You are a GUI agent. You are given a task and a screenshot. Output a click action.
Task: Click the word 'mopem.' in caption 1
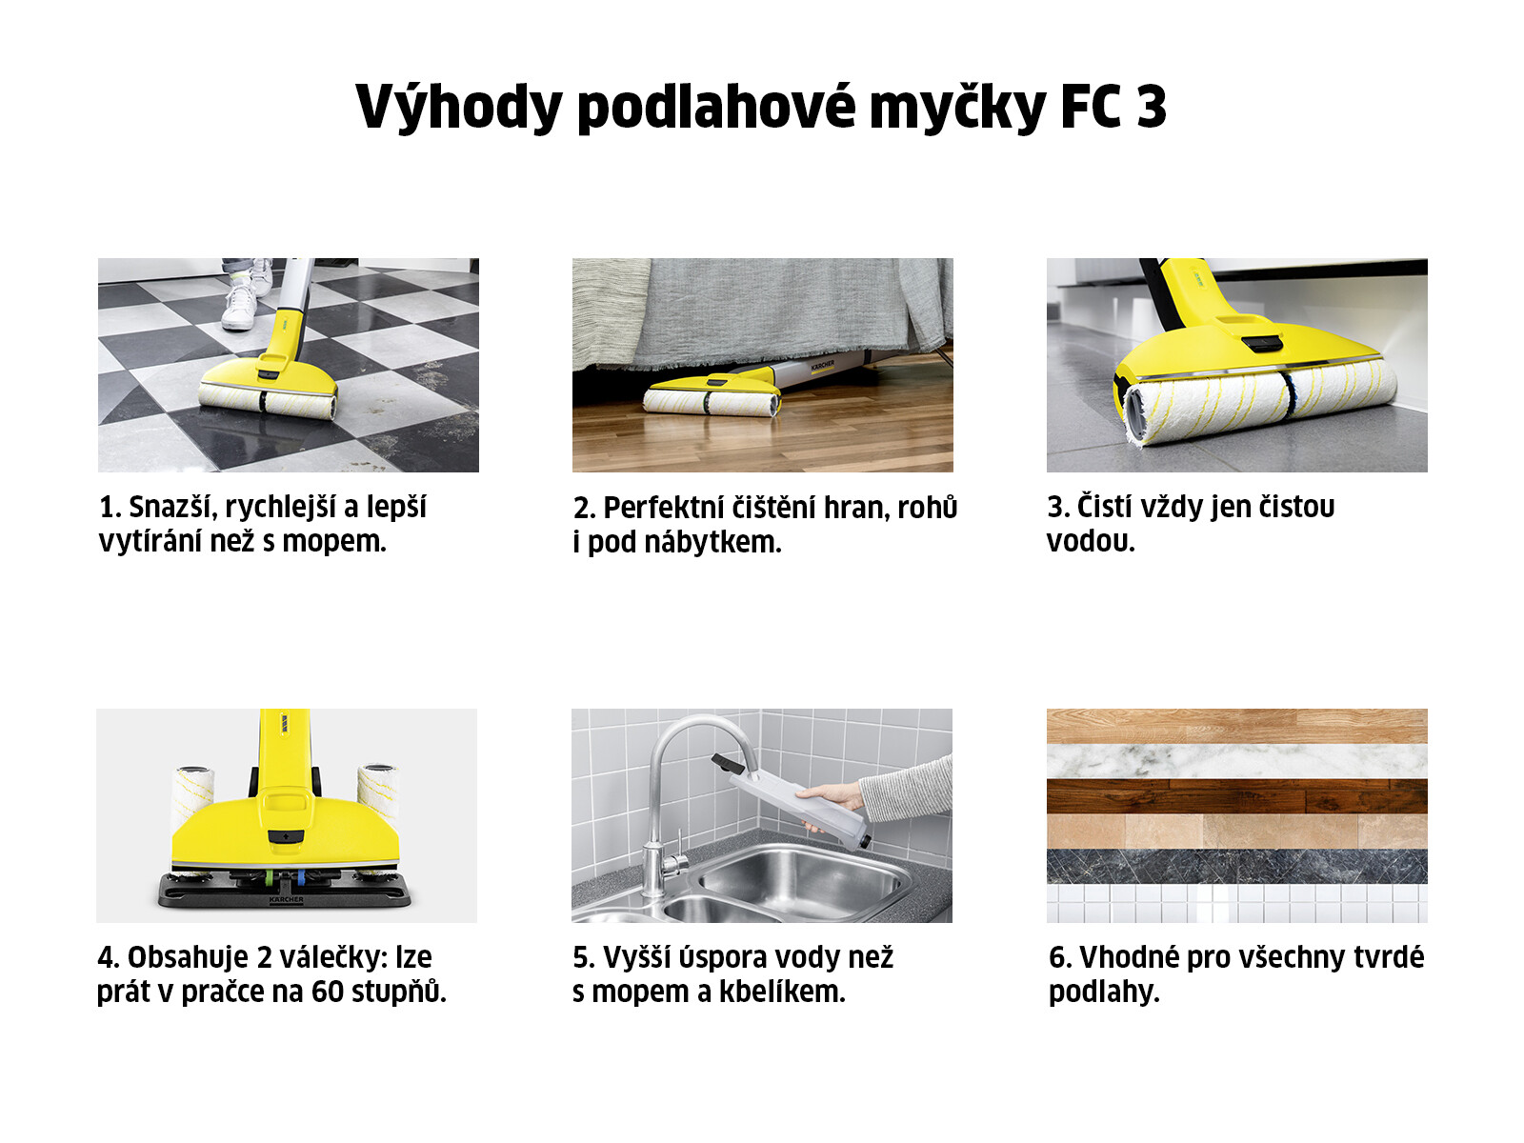coord(334,542)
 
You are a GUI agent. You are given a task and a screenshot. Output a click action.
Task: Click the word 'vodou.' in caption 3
coord(1091,542)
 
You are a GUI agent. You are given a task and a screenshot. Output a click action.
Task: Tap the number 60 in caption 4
coord(328,993)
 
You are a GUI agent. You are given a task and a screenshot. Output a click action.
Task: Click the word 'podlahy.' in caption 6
coord(1104,993)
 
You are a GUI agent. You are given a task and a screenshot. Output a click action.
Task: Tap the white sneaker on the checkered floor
coord(238,306)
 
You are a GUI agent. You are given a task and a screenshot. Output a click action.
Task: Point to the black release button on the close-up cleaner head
coord(1261,343)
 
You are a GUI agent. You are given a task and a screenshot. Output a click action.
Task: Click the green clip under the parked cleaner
coord(267,878)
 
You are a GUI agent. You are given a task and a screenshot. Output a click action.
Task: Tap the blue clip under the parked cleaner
coord(301,878)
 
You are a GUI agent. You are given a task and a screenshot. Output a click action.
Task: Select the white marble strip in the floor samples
coord(1236,761)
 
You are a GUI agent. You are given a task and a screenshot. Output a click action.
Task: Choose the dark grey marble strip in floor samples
coord(1236,866)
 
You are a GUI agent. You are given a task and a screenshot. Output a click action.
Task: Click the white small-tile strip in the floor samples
coord(1236,903)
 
